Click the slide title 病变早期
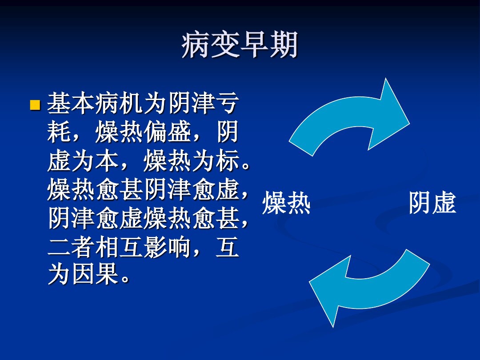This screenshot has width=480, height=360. pyautogui.click(x=240, y=46)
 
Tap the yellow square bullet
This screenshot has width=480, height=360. pyautogui.click(x=35, y=105)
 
